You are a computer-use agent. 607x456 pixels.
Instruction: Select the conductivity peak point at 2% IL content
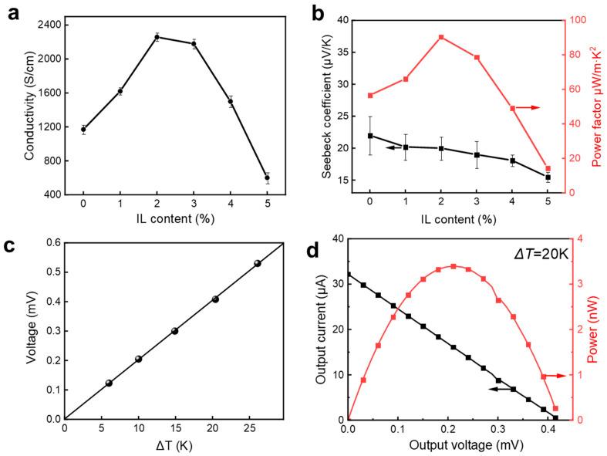157,36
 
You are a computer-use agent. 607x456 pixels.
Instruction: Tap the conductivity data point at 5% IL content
268,177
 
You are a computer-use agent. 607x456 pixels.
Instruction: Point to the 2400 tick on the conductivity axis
52,24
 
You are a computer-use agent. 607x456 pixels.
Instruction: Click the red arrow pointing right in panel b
529,107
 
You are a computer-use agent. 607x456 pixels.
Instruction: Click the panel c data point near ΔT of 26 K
258,263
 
